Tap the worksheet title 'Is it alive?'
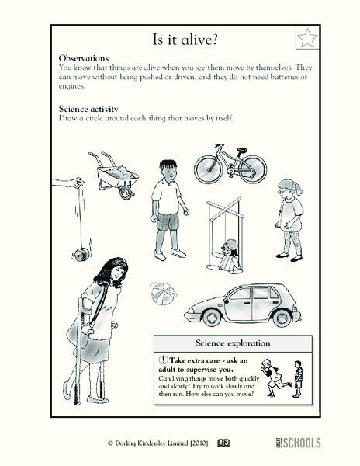tap(179, 39)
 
